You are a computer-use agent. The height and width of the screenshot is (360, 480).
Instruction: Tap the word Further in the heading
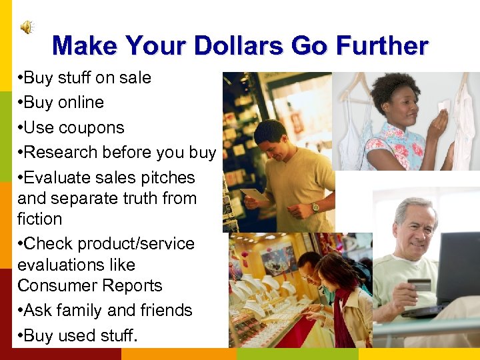[383, 46]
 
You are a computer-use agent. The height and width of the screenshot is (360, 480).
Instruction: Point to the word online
[81, 103]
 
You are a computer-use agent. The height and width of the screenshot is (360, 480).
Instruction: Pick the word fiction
[39, 219]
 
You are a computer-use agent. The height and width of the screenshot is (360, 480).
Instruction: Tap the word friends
[165, 311]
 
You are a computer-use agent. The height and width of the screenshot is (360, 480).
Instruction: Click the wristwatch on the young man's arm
[315, 207]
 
